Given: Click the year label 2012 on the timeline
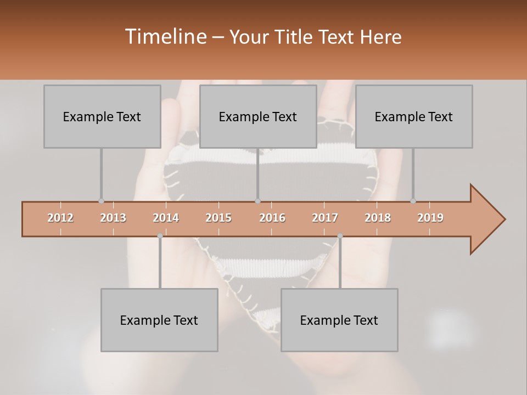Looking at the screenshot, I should click(60, 218).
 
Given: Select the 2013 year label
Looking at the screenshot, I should click(113, 218).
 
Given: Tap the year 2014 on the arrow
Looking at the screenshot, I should click(166, 218).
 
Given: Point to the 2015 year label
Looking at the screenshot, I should click(218, 218).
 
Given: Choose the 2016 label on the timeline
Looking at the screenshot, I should click(272, 218).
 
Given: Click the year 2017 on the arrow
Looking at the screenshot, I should click(325, 218).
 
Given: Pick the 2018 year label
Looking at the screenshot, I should click(378, 218).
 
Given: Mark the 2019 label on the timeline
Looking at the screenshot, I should click(430, 218).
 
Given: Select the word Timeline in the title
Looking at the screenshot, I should click(165, 37).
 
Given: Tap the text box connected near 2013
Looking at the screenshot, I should click(102, 116).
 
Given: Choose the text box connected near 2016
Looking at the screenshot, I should click(258, 116).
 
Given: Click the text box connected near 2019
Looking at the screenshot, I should click(414, 116).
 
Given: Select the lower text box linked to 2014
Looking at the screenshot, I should click(159, 320).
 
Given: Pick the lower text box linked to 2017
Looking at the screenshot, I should click(339, 320).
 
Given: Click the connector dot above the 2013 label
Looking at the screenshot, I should click(101, 201).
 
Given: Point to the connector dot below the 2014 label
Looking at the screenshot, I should click(160, 236).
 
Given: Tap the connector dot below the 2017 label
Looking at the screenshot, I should click(340, 236).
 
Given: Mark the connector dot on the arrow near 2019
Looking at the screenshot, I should click(413, 201).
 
